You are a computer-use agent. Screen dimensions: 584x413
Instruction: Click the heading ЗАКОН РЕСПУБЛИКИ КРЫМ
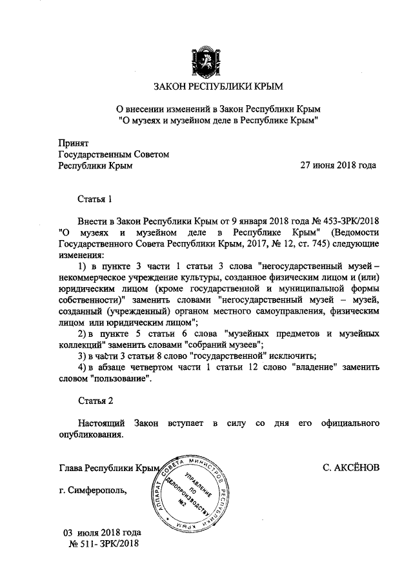pos(217,86)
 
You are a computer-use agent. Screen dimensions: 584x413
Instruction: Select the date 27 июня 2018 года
pos(338,165)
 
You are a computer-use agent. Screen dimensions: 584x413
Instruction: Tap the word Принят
pos(73,142)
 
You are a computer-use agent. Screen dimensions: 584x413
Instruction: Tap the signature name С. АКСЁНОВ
pos(352,467)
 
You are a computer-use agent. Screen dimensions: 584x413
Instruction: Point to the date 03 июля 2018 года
pos(101,533)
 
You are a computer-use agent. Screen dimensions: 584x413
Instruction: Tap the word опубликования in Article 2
pos(90,435)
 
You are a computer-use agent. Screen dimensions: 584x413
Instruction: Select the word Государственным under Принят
pos(94,154)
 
